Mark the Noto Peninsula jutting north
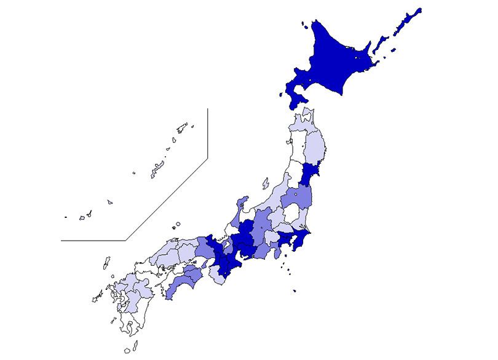coord(242,203)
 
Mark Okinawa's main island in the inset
coord(156,169)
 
